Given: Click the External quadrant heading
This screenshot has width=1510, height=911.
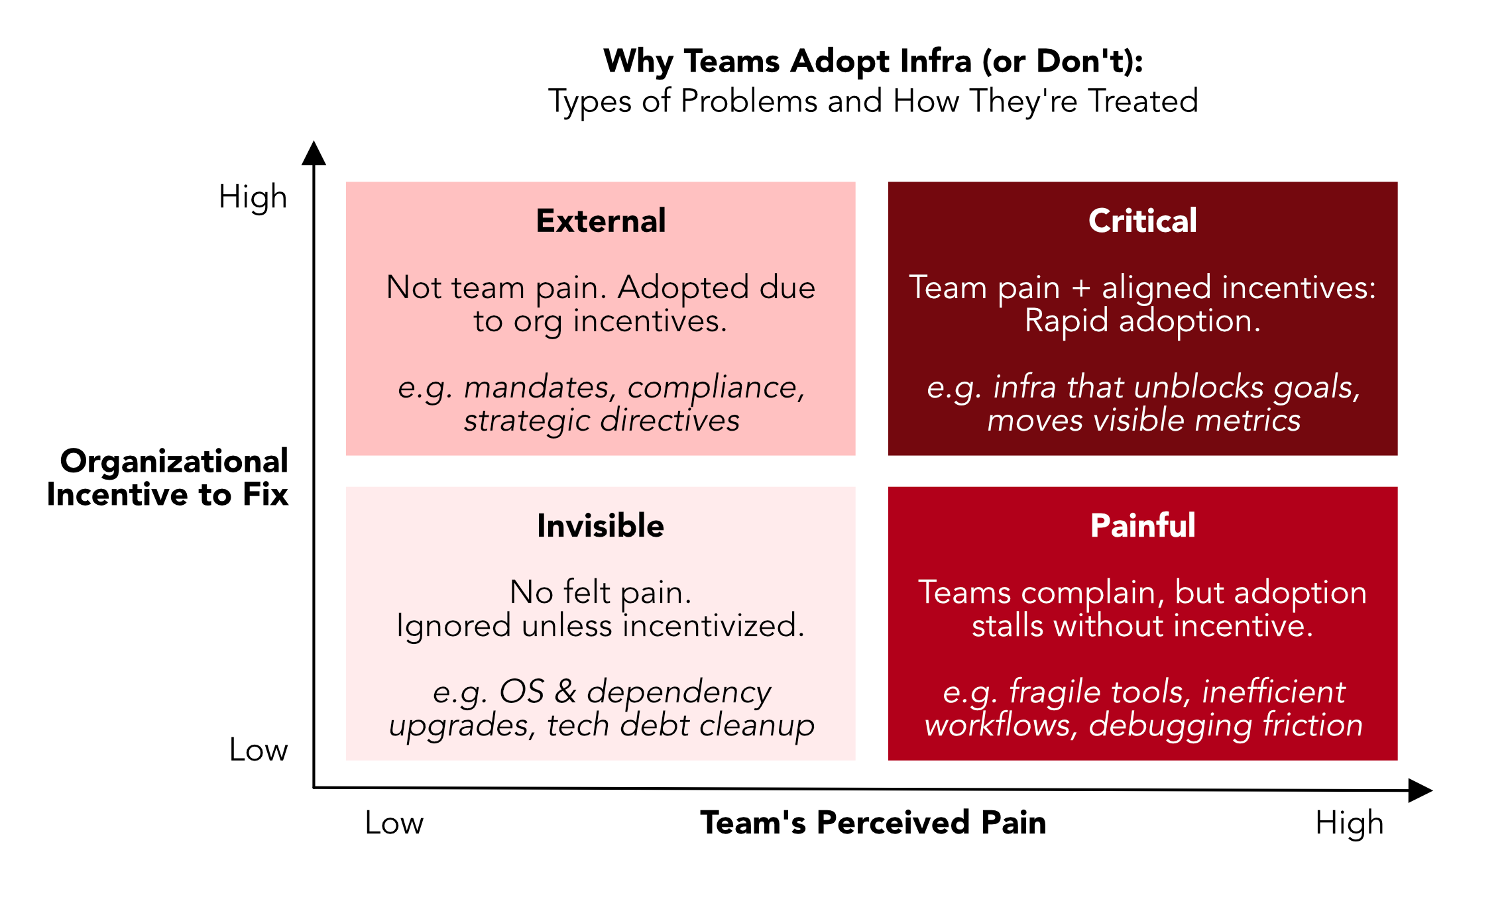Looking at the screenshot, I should pyautogui.click(x=601, y=221).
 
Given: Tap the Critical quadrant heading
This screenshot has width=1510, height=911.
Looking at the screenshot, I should pyautogui.click(x=1142, y=221).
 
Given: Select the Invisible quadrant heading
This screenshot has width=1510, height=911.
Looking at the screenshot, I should pyautogui.click(x=601, y=525).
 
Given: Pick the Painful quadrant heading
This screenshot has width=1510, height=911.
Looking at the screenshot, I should pyautogui.click(x=1143, y=525).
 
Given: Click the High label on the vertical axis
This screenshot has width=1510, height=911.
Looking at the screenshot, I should pyautogui.click(x=253, y=197).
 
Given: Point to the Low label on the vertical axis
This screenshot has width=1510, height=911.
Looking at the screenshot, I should pyautogui.click(x=259, y=750).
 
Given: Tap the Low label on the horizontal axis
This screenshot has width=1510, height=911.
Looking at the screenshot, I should pyautogui.click(x=394, y=823).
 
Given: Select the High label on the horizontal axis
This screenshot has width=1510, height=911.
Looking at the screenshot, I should pyautogui.click(x=1349, y=824).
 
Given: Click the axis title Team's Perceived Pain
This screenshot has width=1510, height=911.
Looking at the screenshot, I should pyautogui.click(x=873, y=822).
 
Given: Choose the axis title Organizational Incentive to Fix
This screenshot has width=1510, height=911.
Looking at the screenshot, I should pyautogui.click(x=168, y=477).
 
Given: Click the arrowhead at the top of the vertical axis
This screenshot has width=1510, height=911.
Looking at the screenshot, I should pyautogui.click(x=314, y=154).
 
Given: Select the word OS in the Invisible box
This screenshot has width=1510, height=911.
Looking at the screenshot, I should pyautogui.click(x=522, y=692).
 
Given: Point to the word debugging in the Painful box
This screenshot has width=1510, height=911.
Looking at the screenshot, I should pyautogui.click(x=1170, y=725).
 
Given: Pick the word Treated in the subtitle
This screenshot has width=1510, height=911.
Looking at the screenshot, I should pyautogui.click(x=1143, y=101).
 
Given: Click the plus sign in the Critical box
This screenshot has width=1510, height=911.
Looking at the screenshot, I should pyautogui.click(x=1080, y=288).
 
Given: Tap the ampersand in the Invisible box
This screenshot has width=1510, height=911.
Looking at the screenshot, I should pyautogui.click(x=565, y=692).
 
